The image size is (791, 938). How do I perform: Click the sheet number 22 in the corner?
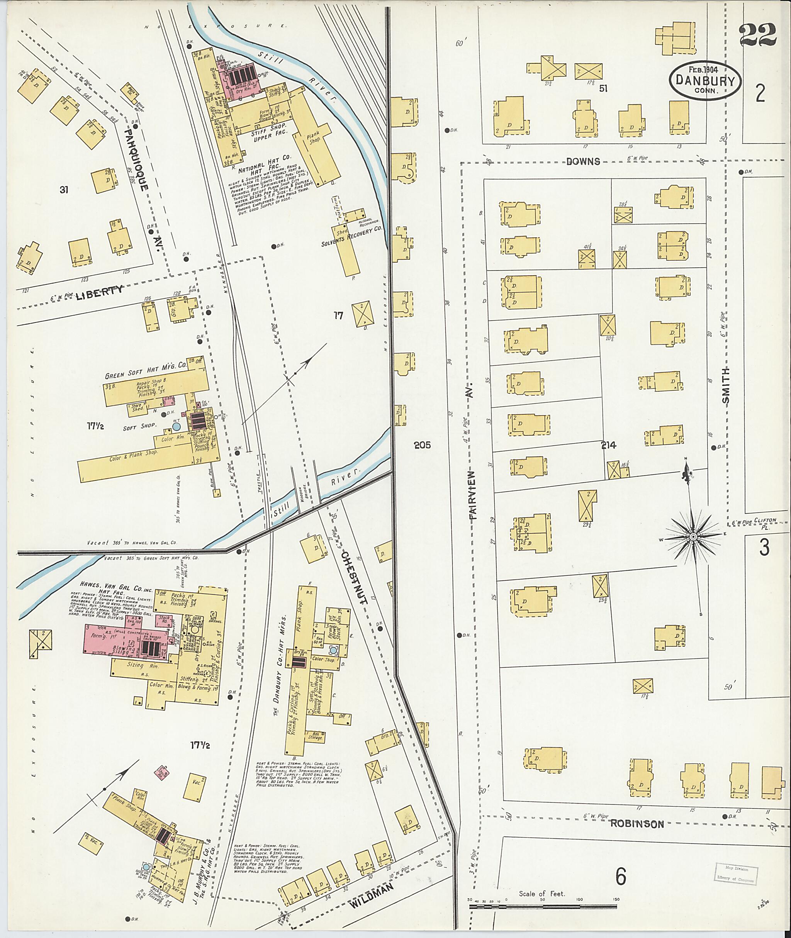pos(757,35)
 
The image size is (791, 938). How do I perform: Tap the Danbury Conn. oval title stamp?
pos(705,81)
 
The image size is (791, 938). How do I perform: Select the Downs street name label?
pos(583,161)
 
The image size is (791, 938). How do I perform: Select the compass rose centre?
pos(694,537)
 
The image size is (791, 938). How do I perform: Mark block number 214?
pos(609,445)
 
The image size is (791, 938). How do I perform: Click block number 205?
pos(422,445)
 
